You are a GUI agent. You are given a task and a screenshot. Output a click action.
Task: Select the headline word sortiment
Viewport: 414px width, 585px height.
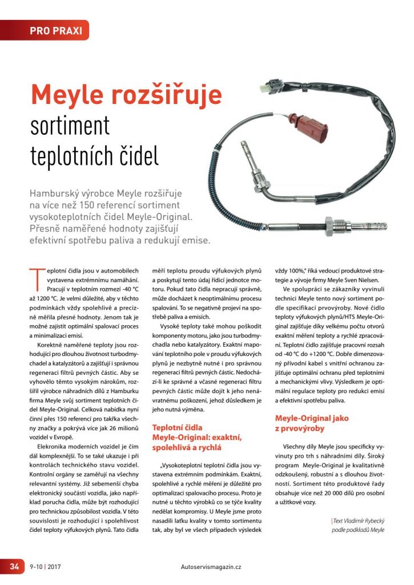pos(70,126)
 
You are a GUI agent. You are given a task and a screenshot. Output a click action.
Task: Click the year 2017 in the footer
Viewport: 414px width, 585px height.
pos(55,567)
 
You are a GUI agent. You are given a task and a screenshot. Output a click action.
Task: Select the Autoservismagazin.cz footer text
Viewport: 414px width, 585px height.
pos(210,567)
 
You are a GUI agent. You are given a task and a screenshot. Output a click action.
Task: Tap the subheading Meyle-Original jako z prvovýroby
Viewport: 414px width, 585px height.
pos(311,423)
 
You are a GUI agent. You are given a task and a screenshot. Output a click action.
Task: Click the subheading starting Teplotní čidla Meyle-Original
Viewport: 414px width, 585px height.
pos(197,437)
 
